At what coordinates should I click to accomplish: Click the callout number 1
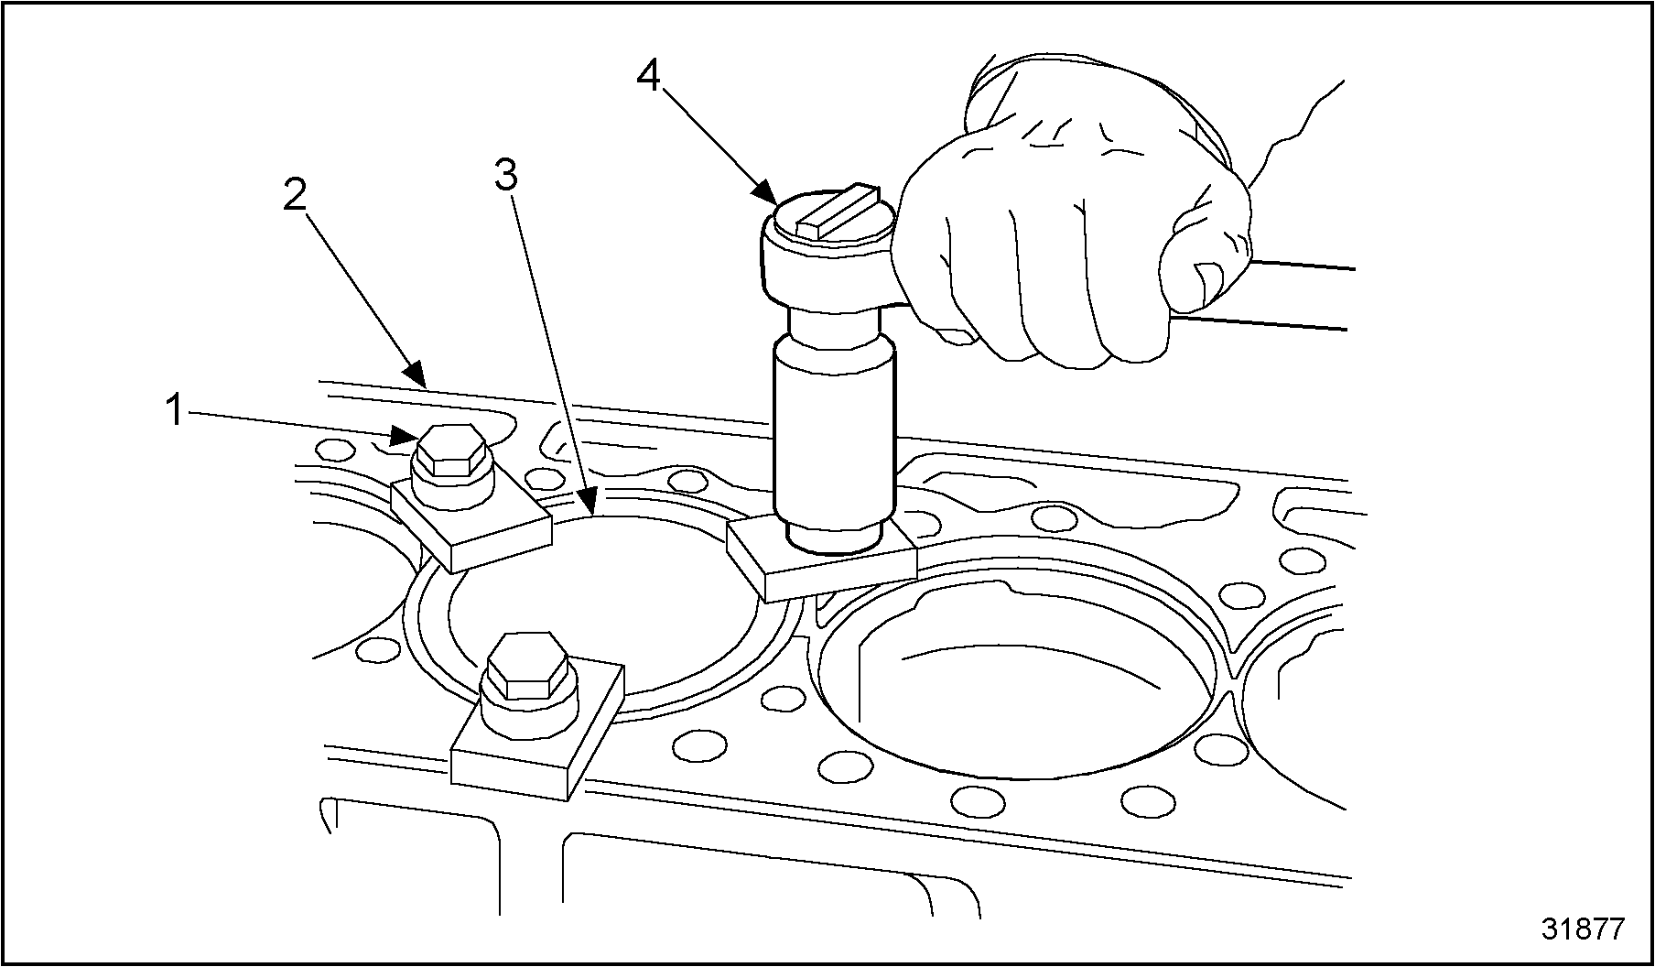[x=175, y=410]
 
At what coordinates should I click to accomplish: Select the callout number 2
[x=295, y=193]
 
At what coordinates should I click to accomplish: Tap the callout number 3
[x=506, y=175]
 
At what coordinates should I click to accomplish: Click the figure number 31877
[x=1583, y=929]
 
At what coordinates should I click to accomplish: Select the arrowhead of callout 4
[x=767, y=195]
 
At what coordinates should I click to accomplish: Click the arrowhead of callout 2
[x=416, y=375]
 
